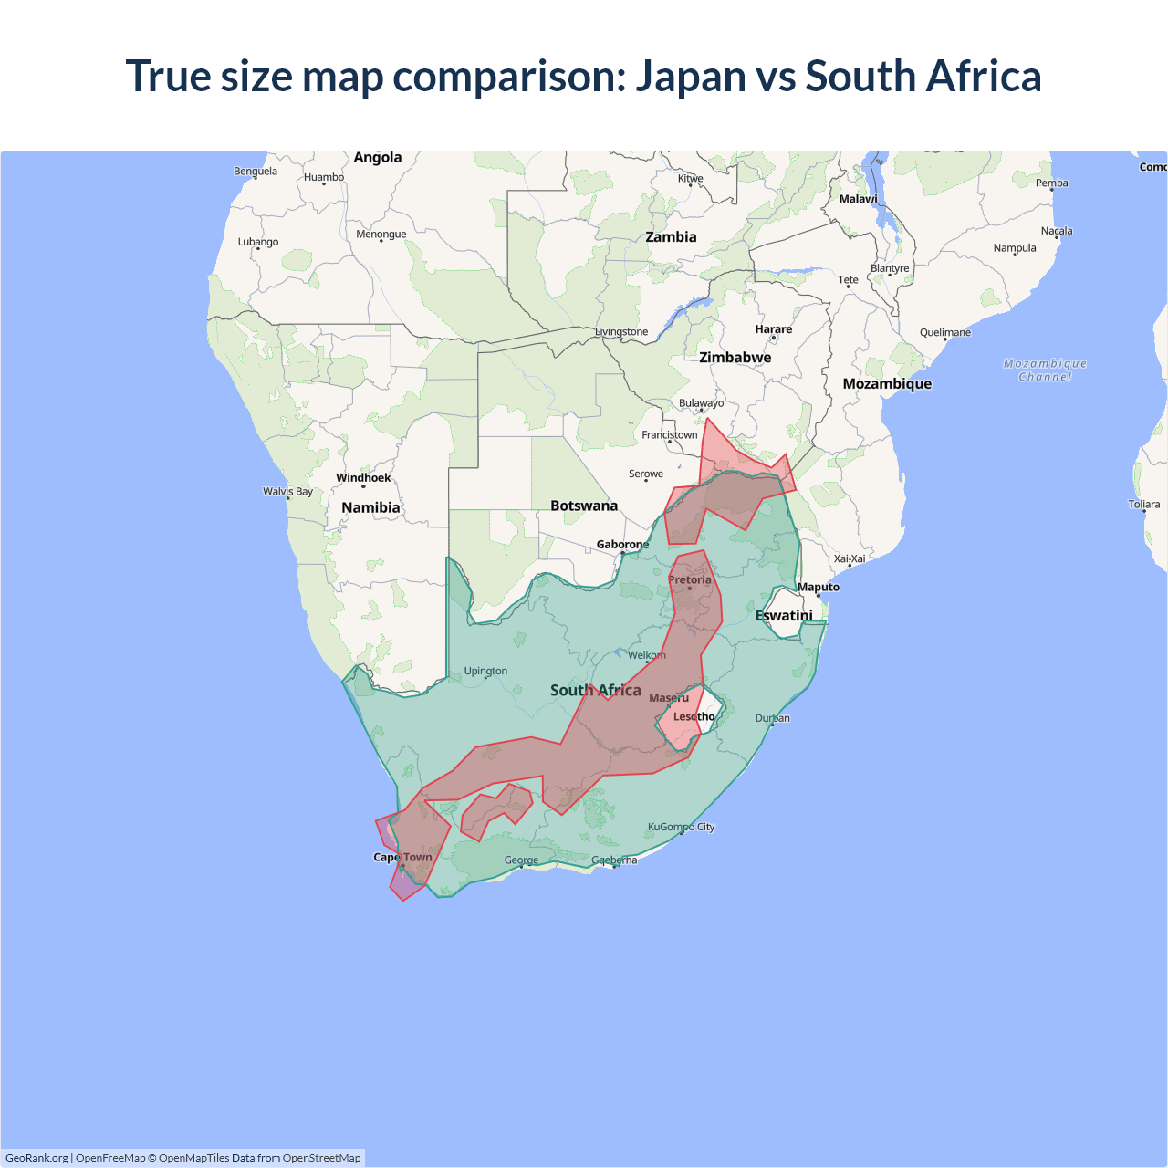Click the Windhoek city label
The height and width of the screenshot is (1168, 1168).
click(x=363, y=477)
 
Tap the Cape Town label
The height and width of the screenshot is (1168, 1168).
click(x=402, y=857)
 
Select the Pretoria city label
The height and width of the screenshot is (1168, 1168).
click(x=689, y=579)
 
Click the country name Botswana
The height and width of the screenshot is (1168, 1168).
click(x=584, y=506)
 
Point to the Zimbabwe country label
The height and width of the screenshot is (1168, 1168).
click(x=735, y=357)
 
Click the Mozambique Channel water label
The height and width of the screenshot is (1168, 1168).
click(x=1045, y=370)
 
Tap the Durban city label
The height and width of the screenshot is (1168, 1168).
click(x=772, y=718)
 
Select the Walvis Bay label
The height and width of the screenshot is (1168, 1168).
click(x=287, y=491)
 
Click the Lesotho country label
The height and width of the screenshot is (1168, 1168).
click(x=693, y=716)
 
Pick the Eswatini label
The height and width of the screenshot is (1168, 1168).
click(x=784, y=615)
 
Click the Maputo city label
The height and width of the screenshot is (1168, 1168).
click(x=819, y=587)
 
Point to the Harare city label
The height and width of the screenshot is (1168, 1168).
click(x=773, y=328)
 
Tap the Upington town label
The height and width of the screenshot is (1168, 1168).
click(x=485, y=671)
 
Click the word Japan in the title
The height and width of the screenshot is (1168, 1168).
click(x=691, y=76)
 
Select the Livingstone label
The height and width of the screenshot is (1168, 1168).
click(x=621, y=331)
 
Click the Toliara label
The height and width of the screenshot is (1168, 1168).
click(x=1143, y=504)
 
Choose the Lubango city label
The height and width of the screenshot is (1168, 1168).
click(x=258, y=242)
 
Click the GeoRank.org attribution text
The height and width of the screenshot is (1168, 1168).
click(x=36, y=1158)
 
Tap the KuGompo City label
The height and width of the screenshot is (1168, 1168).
click(x=681, y=827)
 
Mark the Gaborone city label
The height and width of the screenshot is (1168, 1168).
click(x=622, y=544)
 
